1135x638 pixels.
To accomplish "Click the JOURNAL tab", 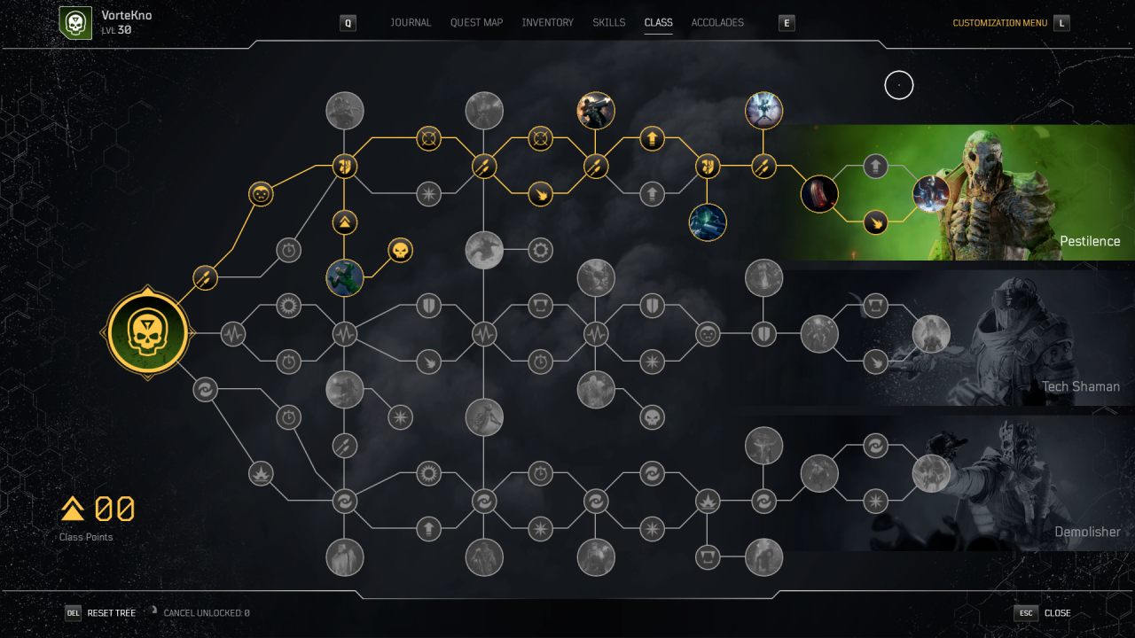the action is point(411,23).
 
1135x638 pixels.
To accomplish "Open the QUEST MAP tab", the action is point(476,23).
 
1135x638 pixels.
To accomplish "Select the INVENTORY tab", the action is point(547,23).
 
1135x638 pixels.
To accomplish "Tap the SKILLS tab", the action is point(608,23).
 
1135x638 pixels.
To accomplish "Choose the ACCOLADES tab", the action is point(717,23).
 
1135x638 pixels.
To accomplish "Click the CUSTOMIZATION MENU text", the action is point(999,23).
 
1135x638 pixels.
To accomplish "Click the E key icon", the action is point(787,23).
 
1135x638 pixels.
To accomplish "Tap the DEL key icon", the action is point(73,613).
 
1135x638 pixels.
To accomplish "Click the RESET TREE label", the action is point(111,613).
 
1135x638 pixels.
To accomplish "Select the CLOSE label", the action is point(1058,613).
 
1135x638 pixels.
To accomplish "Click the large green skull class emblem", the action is point(147,333).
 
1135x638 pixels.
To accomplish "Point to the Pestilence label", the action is point(1090,241).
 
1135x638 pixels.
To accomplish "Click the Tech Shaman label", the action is point(1081,386).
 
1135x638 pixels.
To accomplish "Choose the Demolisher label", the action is point(1087,532).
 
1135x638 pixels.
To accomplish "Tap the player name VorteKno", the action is point(127,15).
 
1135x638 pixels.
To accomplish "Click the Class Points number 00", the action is point(114,509).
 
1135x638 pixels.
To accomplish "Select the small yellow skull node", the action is point(400,250).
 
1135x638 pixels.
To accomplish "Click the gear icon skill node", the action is point(540,250).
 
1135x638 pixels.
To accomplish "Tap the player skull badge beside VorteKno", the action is point(75,23).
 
